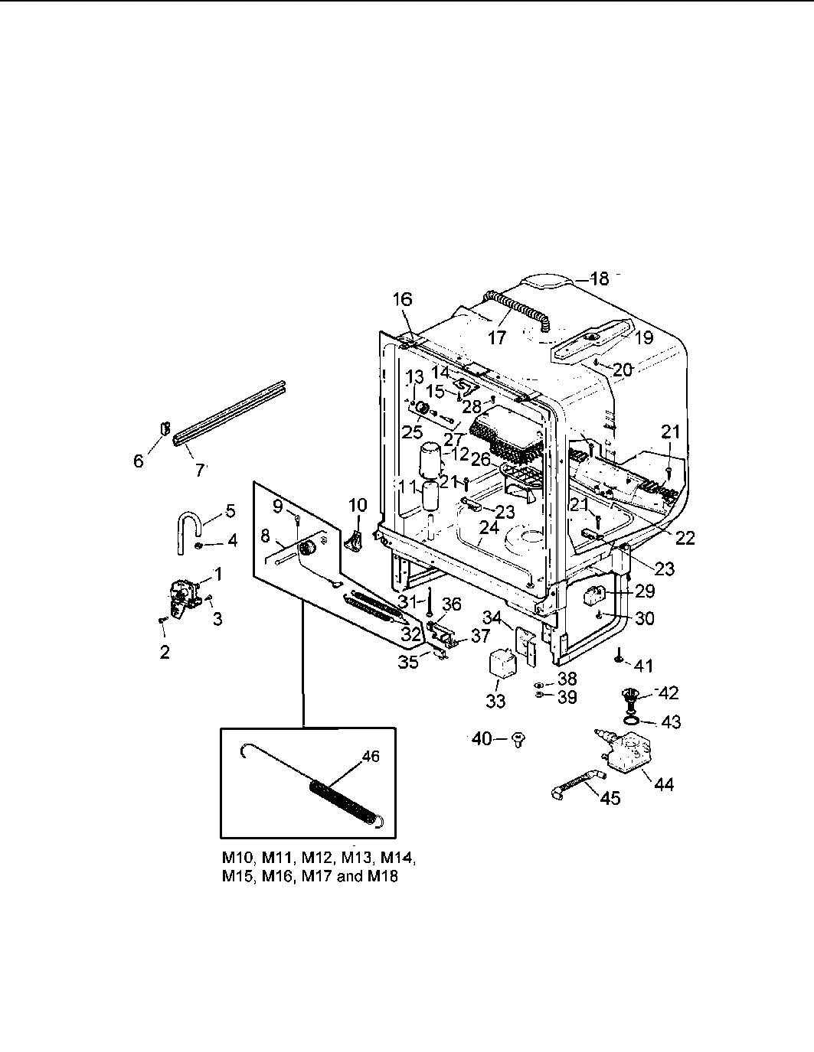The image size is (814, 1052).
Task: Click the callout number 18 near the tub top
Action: point(600,278)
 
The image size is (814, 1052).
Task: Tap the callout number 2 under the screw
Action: point(165,652)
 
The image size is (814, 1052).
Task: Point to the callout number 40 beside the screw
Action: point(481,738)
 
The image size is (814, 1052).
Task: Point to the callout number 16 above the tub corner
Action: point(403,299)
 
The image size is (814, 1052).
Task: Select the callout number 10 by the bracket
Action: point(358,506)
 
